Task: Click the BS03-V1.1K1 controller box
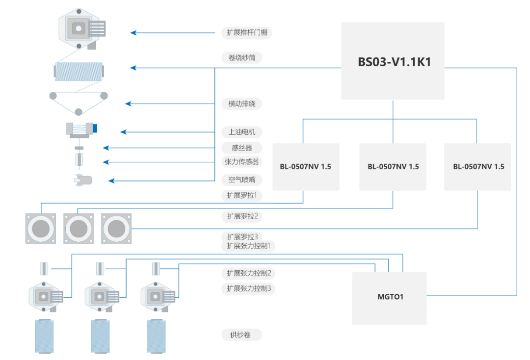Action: tap(393, 61)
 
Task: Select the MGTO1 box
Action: tap(389, 298)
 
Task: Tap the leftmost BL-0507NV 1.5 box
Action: tap(306, 167)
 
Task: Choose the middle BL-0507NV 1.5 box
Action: tap(393, 167)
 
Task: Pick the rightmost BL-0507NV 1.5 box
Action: tap(478, 167)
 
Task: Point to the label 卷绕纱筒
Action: tap(242, 58)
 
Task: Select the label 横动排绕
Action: tap(242, 104)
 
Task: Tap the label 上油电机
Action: tap(242, 132)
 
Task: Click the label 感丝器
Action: tap(242, 148)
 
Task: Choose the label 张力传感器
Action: tap(242, 162)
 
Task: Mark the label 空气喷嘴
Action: tap(242, 180)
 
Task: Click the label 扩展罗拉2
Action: tap(242, 216)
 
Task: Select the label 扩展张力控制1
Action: tap(248, 246)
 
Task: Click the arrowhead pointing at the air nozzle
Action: tap(111, 180)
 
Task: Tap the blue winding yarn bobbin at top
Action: tap(79, 72)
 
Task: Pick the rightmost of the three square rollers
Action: tap(117, 228)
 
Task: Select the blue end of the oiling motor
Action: tap(95, 129)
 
